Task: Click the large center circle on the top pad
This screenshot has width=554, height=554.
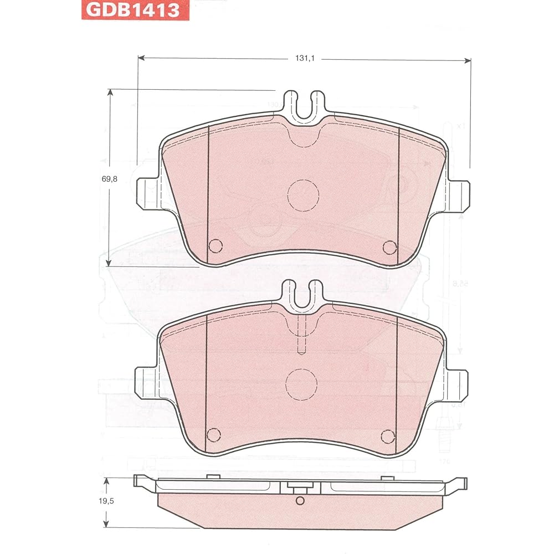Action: pos(304,195)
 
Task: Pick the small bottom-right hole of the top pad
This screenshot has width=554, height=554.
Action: pos(390,247)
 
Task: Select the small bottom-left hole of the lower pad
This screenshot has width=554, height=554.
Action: pos(213,434)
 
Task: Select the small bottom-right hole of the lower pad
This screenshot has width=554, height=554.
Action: pos(388,436)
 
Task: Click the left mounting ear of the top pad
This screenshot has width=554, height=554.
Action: pos(147,193)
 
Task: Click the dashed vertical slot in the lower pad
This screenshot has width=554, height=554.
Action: pos(302,334)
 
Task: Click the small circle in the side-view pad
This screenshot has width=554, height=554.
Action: pos(300,501)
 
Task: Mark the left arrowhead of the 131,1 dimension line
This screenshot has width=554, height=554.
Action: pos(141,58)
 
